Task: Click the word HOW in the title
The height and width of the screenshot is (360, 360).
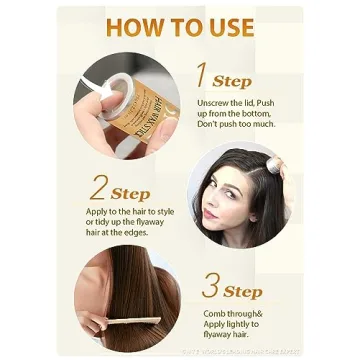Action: click(x=133, y=27)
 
